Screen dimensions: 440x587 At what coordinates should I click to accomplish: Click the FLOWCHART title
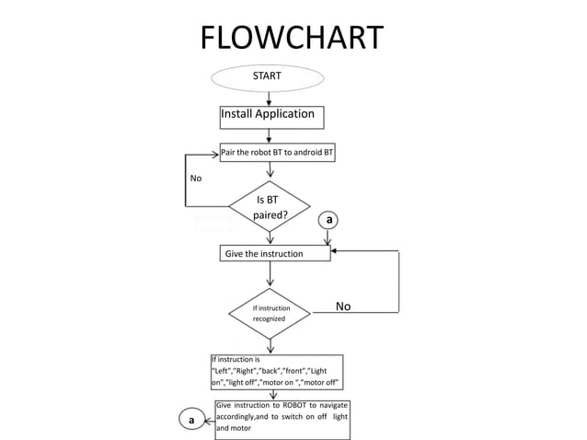tap(292, 38)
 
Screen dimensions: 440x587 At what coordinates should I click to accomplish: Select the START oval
tap(268, 76)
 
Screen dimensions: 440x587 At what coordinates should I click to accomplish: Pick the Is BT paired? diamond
tap(270, 207)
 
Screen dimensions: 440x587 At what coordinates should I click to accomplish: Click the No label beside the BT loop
tap(195, 178)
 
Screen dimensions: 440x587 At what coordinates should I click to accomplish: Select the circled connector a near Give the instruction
tap(328, 220)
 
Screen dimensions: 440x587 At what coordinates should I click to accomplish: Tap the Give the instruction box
tap(274, 253)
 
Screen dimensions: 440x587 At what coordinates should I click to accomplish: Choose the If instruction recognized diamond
tap(270, 313)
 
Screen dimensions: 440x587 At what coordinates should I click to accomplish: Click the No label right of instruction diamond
tap(343, 307)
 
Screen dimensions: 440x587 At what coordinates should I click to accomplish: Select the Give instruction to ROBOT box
tap(282, 417)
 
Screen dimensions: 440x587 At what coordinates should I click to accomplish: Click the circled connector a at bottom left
tap(190, 421)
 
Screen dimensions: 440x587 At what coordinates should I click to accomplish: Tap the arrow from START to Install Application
tap(268, 97)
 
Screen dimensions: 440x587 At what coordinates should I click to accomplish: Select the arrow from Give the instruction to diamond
tap(270, 274)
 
